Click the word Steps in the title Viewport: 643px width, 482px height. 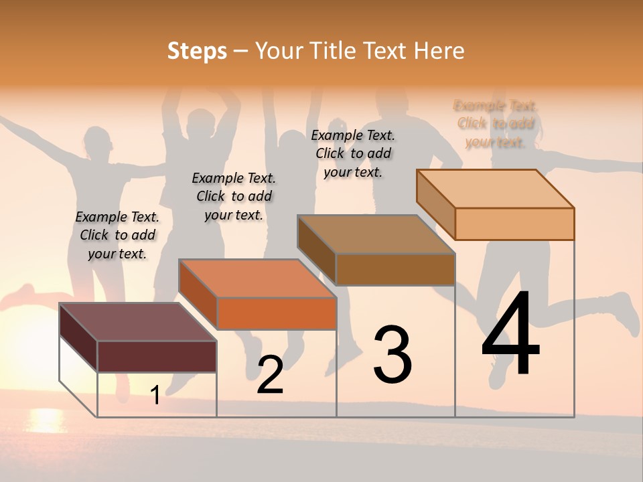[x=196, y=50]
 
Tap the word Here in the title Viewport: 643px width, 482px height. [x=439, y=50]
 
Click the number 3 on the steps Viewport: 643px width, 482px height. [x=392, y=355]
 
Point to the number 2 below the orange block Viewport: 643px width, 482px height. [x=271, y=375]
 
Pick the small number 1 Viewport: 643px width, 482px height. [x=155, y=395]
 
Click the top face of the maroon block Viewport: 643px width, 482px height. [x=137, y=321]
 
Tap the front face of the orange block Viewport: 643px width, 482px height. [x=277, y=313]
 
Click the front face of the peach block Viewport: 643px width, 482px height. [x=514, y=224]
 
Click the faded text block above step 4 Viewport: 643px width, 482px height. [x=496, y=124]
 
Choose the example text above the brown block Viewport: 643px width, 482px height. [x=353, y=153]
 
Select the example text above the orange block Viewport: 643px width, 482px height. [x=234, y=196]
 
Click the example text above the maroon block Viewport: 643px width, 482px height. [x=117, y=235]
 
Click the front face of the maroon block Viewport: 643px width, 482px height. [x=157, y=356]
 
